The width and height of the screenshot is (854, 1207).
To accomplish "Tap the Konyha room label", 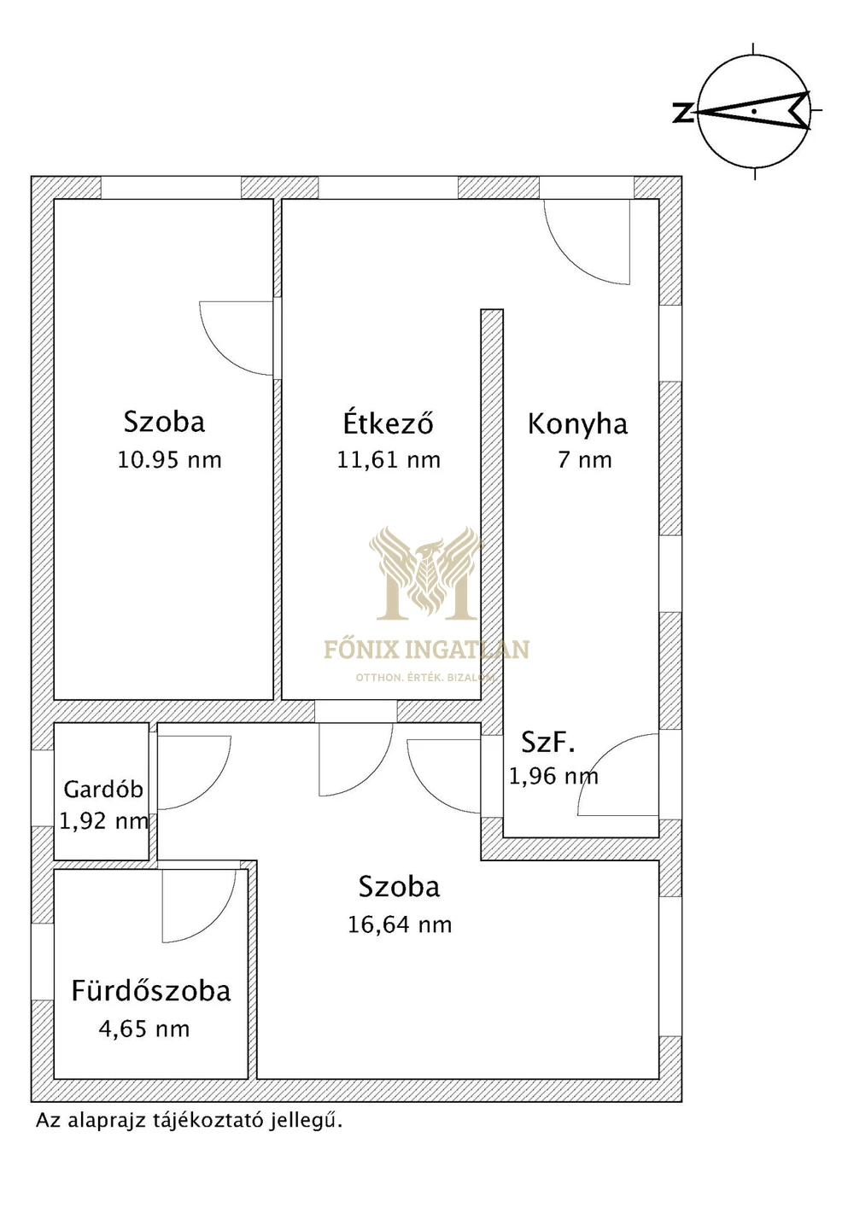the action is pyautogui.click(x=577, y=424).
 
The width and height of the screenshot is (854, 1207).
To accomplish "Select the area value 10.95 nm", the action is pyautogui.click(x=169, y=460).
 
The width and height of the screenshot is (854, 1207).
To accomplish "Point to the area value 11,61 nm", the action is pyautogui.click(x=389, y=459).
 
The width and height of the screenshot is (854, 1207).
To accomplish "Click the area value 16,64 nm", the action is pyautogui.click(x=400, y=924).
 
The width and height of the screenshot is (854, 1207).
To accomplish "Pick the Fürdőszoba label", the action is pyautogui.click(x=151, y=991).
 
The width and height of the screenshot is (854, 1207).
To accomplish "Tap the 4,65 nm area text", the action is pyautogui.click(x=144, y=1029).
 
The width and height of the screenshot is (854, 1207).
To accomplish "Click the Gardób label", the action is pyautogui.click(x=103, y=790).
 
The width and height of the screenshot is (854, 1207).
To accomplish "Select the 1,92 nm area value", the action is pyautogui.click(x=103, y=821).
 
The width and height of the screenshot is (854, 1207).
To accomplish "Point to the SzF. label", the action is pyautogui.click(x=547, y=743).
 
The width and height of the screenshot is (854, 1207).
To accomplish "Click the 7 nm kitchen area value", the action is pyautogui.click(x=584, y=460).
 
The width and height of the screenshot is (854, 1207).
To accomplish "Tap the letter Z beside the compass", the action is pyautogui.click(x=682, y=113).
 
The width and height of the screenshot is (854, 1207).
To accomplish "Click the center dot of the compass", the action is pyautogui.click(x=754, y=111).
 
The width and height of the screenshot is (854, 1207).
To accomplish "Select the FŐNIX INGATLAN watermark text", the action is pyautogui.click(x=426, y=650).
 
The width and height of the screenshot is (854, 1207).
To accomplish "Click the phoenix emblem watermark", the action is pyautogui.click(x=426, y=573).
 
